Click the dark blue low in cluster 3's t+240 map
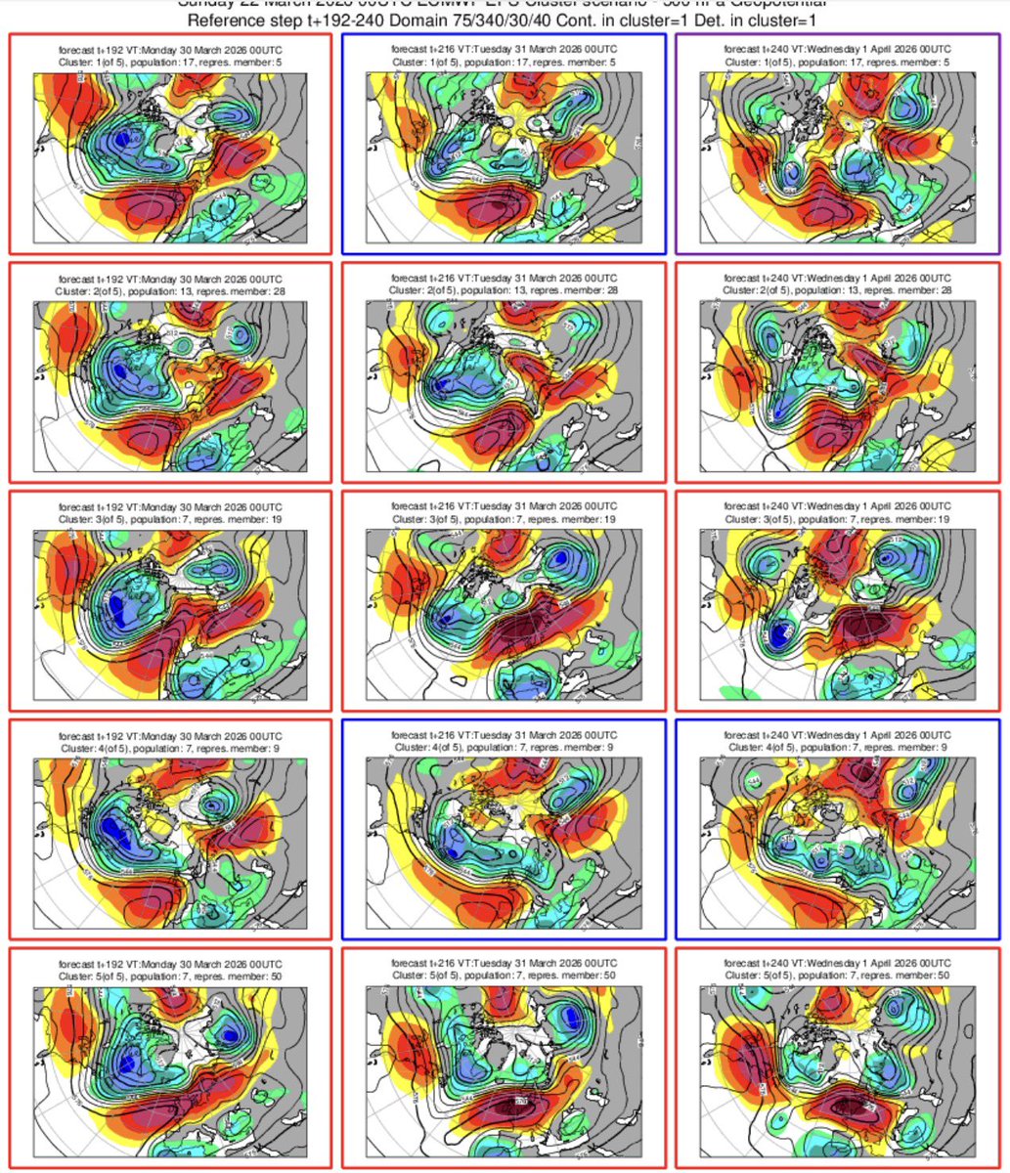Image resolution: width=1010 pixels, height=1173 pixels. [x=778, y=636]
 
